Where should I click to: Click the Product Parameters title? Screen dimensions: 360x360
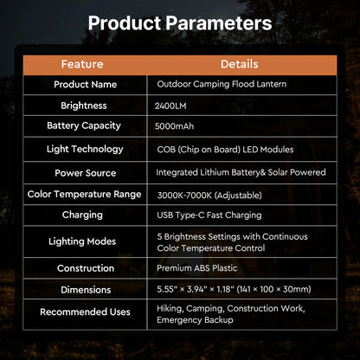180,23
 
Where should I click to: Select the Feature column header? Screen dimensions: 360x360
82,64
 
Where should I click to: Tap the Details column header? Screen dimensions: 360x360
240,64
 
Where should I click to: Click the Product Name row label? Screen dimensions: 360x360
85,85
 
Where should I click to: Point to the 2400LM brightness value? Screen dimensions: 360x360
170,106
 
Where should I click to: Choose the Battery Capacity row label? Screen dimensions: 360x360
85,126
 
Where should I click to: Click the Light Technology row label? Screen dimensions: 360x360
85,149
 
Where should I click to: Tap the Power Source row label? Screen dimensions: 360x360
85,171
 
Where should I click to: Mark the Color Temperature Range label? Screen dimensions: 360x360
85,194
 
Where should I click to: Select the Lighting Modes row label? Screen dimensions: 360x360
85,241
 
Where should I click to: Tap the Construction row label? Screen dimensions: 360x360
85,268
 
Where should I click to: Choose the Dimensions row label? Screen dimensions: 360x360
85,290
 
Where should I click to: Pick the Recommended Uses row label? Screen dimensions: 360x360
85,312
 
